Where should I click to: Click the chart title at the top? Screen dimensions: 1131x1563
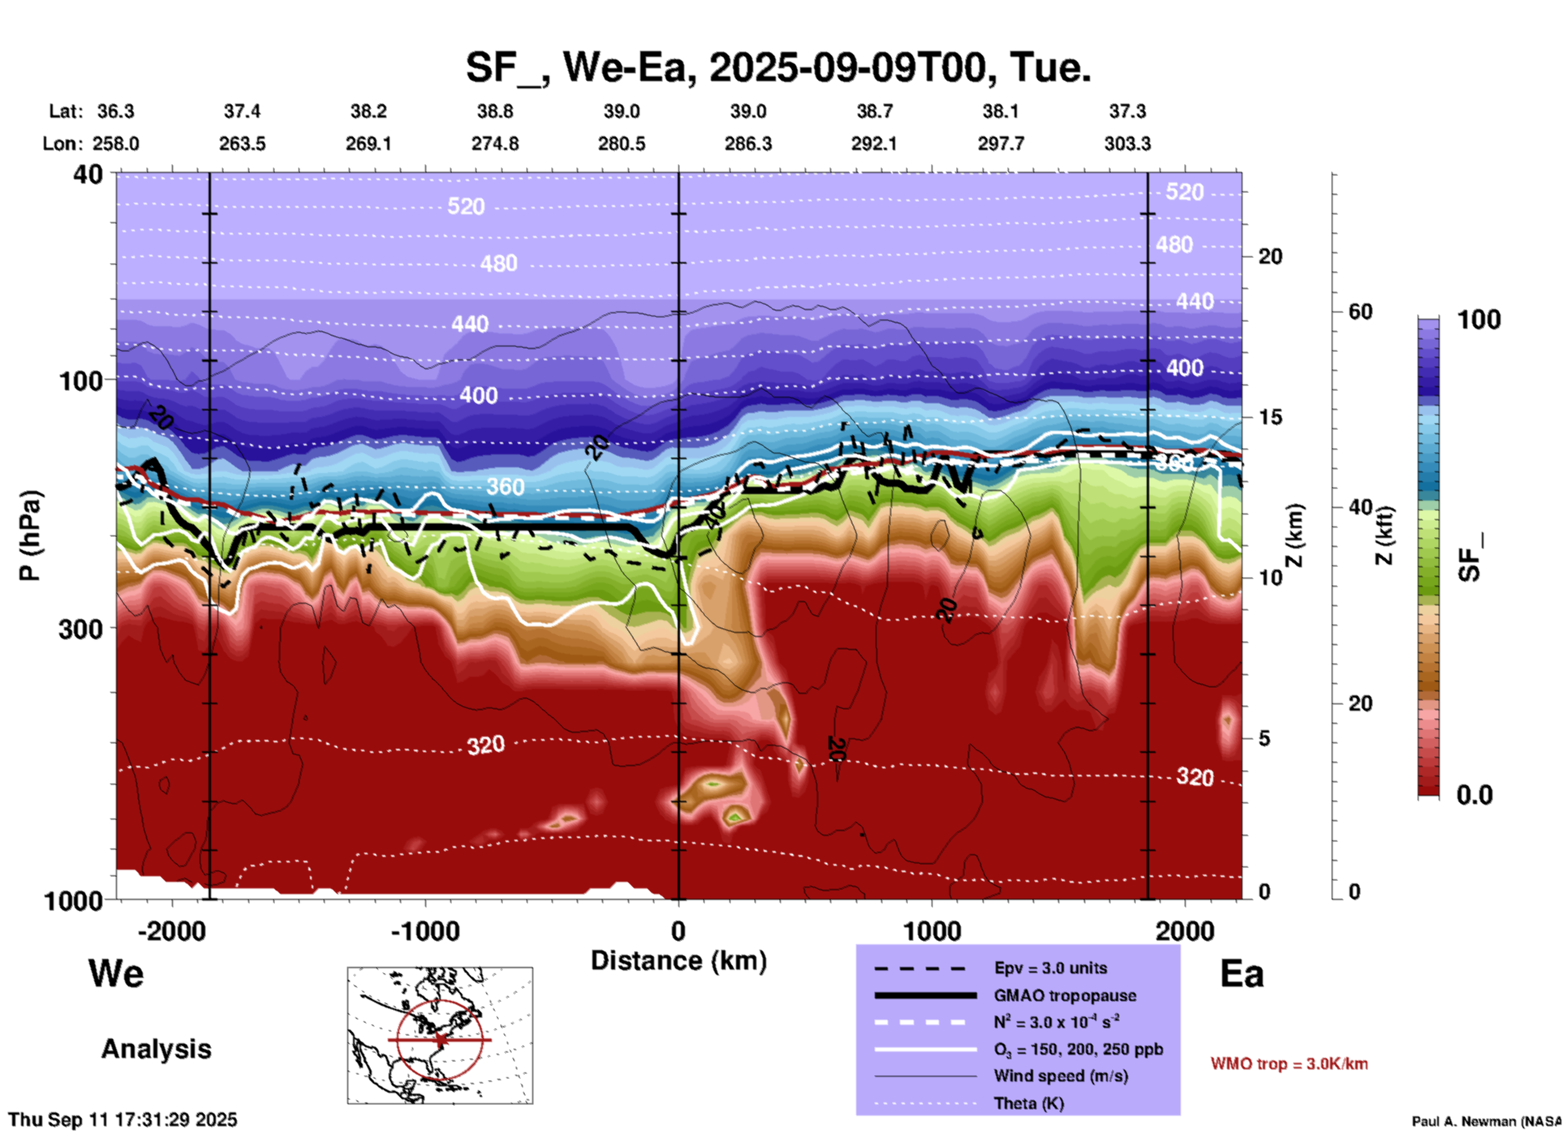777,67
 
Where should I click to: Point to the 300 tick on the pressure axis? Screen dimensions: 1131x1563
80,629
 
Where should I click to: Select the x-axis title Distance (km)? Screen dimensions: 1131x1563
678,961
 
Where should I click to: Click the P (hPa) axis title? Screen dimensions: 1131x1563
30,535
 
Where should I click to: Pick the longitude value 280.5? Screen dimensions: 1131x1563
622,144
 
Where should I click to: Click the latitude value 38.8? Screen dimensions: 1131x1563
495,111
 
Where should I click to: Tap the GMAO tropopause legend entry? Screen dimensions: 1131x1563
1065,996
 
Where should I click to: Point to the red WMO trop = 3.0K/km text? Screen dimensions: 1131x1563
1289,1064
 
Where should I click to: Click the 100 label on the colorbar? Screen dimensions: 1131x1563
1479,320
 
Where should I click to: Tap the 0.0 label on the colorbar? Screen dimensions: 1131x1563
1474,795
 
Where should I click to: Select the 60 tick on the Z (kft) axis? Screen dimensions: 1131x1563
1360,312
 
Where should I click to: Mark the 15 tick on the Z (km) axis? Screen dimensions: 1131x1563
1269,417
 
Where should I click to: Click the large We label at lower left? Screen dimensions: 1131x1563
116,973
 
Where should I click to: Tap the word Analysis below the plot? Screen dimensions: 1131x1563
156,1049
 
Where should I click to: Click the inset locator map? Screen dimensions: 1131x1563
440,1035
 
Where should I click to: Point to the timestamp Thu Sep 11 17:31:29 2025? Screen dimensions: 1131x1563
123,1120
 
